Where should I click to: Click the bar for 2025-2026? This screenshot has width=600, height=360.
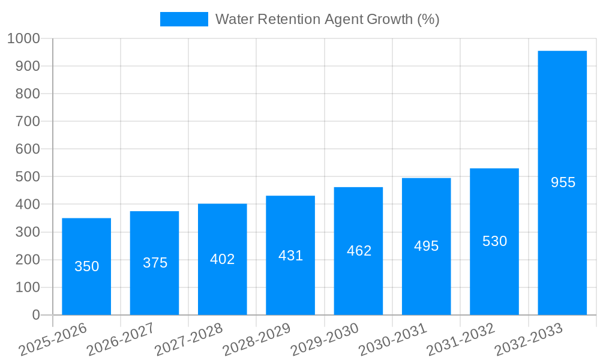click(86, 266)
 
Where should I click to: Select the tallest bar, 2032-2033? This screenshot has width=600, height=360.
click(562, 183)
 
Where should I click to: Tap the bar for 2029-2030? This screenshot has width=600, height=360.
click(358, 251)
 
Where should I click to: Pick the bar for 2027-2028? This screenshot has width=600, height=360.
click(223, 259)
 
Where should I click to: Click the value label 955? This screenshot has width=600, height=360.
click(563, 182)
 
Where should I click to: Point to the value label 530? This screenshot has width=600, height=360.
click(494, 241)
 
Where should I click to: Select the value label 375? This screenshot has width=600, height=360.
click(155, 263)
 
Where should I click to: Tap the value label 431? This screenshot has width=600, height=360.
click(290, 256)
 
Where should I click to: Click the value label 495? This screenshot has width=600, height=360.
click(427, 246)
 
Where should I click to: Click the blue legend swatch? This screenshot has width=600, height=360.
click(184, 19)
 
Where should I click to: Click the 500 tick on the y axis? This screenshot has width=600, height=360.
click(28, 177)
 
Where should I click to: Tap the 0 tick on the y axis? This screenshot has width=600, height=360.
click(35, 315)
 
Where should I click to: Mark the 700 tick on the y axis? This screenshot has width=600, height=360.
click(28, 122)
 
